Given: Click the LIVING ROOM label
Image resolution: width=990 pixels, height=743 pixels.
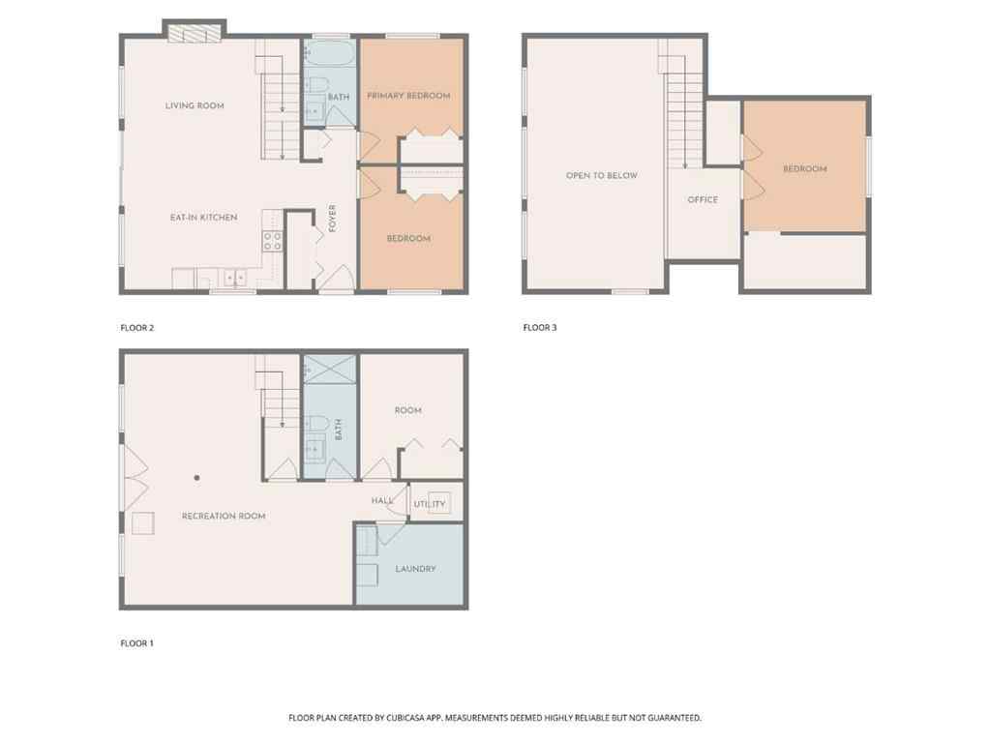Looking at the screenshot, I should (195, 105).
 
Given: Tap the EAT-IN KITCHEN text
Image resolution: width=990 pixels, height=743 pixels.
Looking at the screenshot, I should (203, 218).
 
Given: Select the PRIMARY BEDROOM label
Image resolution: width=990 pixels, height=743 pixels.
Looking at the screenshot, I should (408, 96).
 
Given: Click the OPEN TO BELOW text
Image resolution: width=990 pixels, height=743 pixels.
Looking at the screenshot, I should (602, 176).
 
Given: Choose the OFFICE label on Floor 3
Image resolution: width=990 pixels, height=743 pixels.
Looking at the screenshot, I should (703, 200).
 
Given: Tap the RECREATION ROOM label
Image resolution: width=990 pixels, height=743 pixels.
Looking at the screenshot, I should (224, 517).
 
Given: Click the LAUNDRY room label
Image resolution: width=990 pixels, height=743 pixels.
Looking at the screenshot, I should (415, 569).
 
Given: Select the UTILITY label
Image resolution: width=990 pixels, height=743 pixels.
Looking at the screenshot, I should (430, 504).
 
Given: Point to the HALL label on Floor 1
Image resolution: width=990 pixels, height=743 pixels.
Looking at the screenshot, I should (380, 500).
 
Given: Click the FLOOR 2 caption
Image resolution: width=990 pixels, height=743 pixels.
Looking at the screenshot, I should (137, 328).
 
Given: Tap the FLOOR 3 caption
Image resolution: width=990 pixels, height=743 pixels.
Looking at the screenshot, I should (540, 328).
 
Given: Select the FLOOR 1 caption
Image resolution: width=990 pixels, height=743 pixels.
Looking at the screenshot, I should (137, 643).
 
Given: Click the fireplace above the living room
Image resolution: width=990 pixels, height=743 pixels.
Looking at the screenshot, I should (195, 34).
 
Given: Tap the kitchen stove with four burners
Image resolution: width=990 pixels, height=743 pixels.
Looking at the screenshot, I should (273, 241).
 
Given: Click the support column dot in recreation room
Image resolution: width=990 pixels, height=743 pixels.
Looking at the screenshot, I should (196, 477).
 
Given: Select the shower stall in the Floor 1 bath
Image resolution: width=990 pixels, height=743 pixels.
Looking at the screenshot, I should (329, 371).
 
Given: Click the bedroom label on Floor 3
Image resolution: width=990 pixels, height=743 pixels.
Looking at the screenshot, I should (804, 169).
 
